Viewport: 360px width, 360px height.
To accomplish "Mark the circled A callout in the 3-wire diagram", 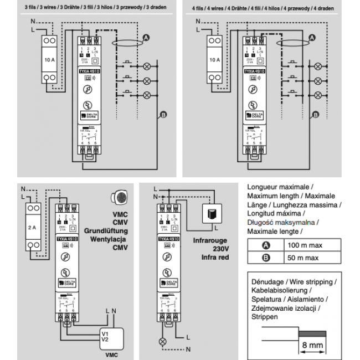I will click(x=147, y=37).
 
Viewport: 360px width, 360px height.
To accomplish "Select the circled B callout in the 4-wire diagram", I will click(x=315, y=115).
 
